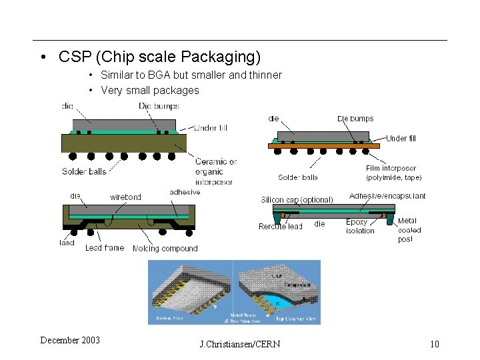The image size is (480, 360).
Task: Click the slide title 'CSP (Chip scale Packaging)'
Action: click(159, 57)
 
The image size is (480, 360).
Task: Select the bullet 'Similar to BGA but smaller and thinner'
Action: click(191, 75)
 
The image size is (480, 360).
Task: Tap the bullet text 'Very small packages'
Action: click(149, 91)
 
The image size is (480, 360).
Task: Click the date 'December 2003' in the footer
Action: click(70, 341)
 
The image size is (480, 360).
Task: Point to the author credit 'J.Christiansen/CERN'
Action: click(240, 344)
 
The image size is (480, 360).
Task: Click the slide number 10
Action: click(435, 344)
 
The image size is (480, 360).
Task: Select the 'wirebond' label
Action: click(125, 197)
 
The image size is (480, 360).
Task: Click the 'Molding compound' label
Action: click(165, 249)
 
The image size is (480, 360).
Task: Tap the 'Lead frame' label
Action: click(105, 248)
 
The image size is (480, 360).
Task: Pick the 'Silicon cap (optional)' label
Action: click(297, 200)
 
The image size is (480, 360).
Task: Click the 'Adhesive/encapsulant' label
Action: click(387, 196)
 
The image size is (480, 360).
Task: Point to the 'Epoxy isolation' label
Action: click(360, 227)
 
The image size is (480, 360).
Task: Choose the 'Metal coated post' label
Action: click(409, 230)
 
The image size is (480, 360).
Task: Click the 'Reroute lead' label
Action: click(280, 227)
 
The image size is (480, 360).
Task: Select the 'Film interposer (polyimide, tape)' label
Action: click(394, 173)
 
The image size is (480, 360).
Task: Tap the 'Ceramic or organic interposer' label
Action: click(215, 171)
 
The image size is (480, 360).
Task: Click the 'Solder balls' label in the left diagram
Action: click(84, 172)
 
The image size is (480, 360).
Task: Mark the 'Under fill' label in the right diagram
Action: click(401, 139)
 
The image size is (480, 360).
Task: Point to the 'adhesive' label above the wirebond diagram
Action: click(185, 192)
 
